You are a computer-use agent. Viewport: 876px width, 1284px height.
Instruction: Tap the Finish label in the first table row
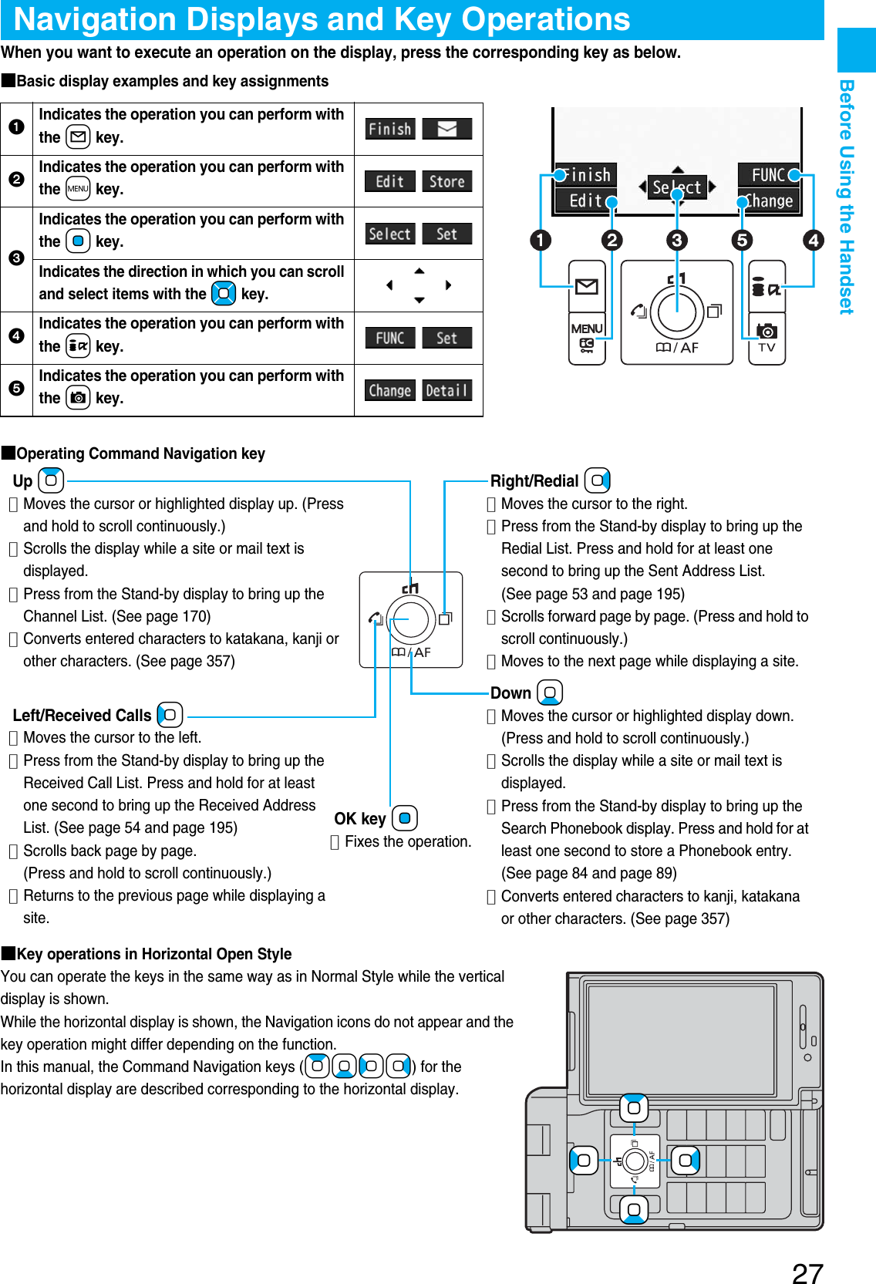click(389, 129)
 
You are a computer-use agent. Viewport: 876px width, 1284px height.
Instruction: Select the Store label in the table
click(446, 181)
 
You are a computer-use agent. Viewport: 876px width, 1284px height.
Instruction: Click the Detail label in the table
click(446, 390)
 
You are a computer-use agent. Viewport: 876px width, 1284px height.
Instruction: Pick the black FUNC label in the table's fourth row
click(389, 338)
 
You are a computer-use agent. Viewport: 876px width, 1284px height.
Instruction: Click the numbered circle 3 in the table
click(16, 258)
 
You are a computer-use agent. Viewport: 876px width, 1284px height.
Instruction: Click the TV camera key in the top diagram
click(766, 338)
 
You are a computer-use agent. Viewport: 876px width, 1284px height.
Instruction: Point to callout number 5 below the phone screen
click(742, 240)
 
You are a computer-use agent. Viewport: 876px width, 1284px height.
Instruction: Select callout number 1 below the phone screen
click(541, 240)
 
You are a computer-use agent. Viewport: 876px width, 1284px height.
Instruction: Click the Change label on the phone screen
click(768, 201)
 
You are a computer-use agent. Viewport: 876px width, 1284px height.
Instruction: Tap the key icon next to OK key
click(404, 818)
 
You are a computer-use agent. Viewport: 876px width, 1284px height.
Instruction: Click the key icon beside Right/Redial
click(597, 481)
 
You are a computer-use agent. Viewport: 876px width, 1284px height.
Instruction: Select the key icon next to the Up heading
click(51, 480)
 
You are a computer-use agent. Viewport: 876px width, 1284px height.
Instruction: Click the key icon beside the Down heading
click(549, 693)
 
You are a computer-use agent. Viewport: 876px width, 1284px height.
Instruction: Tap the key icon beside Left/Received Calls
click(170, 715)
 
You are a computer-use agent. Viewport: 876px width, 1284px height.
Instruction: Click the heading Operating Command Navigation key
click(140, 453)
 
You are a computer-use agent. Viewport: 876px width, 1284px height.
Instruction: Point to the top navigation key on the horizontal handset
click(634, 1108)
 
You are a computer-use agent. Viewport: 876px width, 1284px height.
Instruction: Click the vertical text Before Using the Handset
click(847, 197)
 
